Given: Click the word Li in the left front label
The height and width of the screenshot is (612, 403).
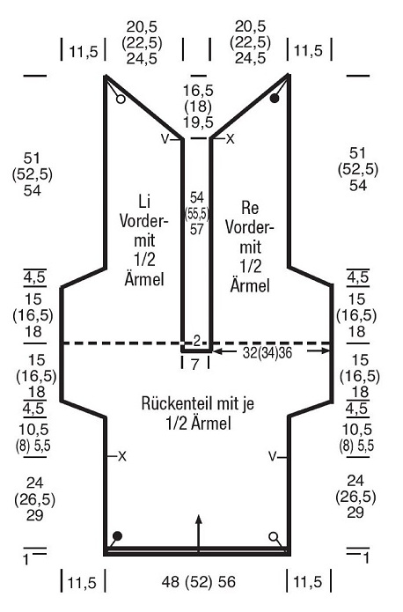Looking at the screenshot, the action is tap(144, 202).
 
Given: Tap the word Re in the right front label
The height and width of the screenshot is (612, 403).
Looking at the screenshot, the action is tap(250, 208).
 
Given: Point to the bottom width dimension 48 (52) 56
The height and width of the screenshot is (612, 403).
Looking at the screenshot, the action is tap(199, 582).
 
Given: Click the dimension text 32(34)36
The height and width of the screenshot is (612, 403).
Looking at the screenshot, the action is tap(267, 353).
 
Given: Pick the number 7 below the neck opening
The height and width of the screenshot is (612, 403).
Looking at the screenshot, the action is tap(195, 365).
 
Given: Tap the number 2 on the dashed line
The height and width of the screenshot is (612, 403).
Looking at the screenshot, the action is tap(196, 341).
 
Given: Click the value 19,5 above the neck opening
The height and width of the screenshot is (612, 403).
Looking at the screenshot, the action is tap(199, 122).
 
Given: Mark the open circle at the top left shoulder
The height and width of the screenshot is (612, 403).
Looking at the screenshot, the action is tap(121, 100).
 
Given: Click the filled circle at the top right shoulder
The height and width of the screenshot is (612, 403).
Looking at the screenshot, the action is tap(275, 99).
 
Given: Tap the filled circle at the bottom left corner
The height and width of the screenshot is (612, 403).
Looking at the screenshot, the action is tap(117, 536).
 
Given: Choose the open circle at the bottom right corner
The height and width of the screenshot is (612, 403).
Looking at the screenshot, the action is tap(274, 536).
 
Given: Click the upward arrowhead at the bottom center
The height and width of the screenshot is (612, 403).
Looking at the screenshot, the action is tap(199, 520).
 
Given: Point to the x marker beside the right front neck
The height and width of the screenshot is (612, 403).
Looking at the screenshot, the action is tap(231, 138).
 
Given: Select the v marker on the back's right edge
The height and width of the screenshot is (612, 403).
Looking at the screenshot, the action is tap(272, 455).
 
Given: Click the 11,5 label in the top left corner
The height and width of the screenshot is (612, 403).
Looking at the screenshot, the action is tap(84, 51).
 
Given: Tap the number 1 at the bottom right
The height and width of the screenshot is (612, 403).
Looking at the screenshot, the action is tap(366, 558).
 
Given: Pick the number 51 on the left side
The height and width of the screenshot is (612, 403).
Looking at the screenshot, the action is tap(32, 159).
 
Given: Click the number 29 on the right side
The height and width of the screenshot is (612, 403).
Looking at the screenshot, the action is tap(355, 512).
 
